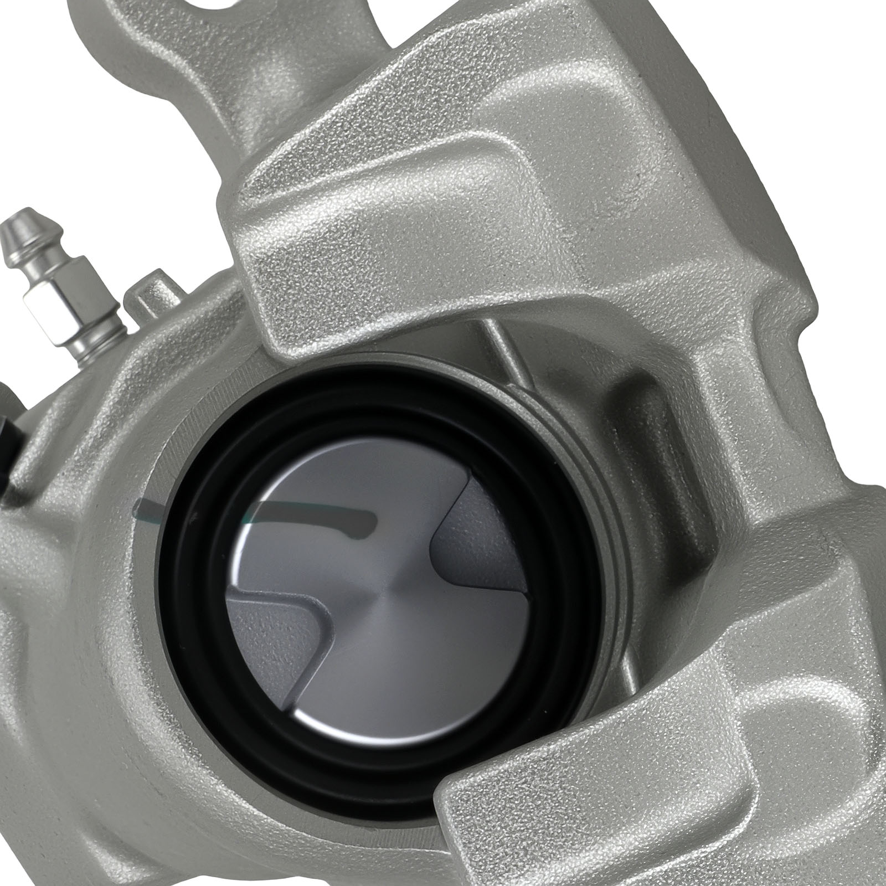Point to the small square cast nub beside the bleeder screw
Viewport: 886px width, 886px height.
click(x=150, y=291)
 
